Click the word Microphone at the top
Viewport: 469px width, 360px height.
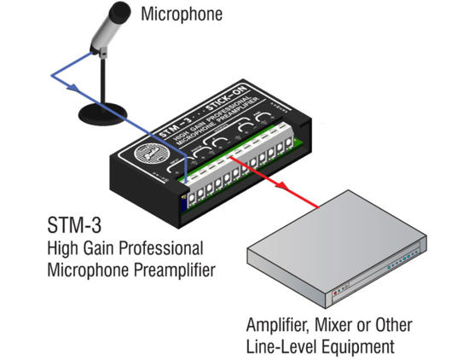pos(181,15)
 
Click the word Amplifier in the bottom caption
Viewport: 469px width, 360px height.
pos(277,327)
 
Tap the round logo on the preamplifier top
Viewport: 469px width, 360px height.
pos(152,157)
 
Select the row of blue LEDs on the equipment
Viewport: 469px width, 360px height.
pos(400,265)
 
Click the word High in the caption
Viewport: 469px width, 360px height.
pos(63,251)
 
